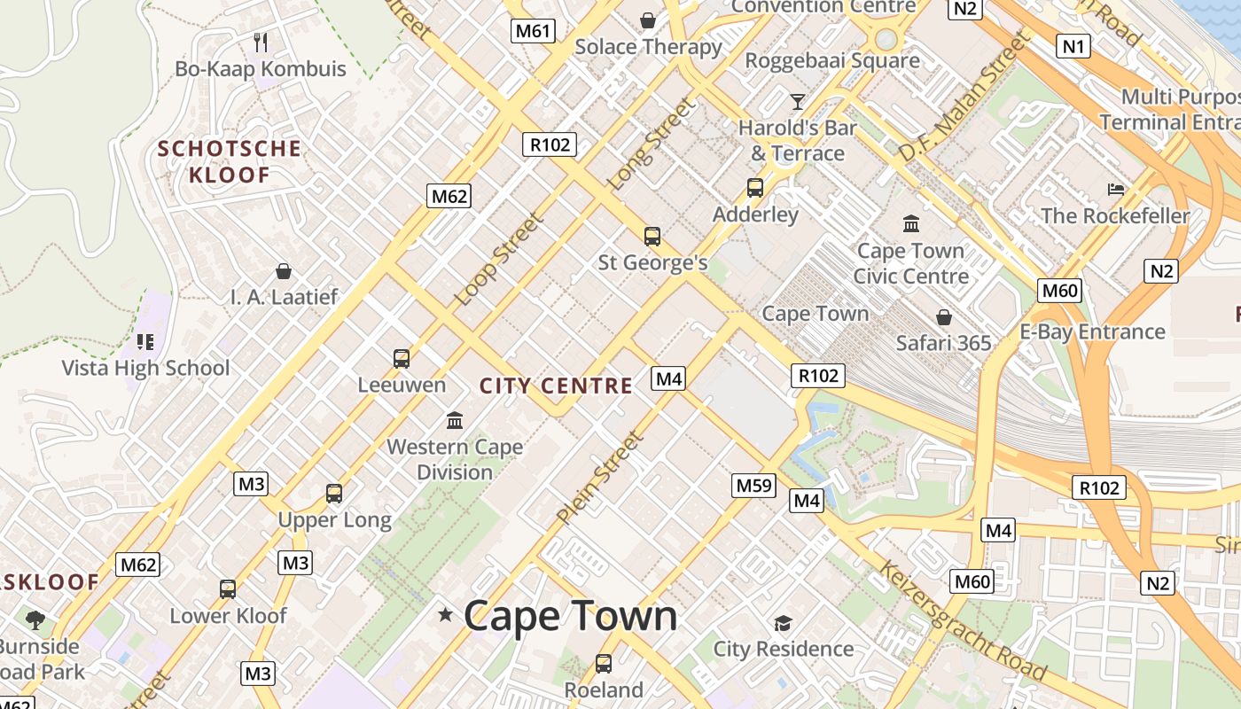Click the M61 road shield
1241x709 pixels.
pyautogui.click(x=534, y=32)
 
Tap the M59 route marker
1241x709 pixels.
pyautogui.click(x=754, y=486)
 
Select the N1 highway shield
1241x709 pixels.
pyautogui.click(x=1073, y=46)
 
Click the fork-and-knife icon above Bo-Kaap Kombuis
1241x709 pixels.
pyautogui.click(x=261, y=42)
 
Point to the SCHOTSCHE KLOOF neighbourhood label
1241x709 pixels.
pyautogui.click(x=230, y=161)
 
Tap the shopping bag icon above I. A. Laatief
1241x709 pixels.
pyautogui.click(x=284, y=271)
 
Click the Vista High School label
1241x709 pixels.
pyautogui.click(x=145, y=368)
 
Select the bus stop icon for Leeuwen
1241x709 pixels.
pyautogui.click(x=402, y=359)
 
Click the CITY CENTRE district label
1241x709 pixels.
pyautogui.click(x=556, y=386)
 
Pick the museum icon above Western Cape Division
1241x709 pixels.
pyautogui.click(x=455, y=420)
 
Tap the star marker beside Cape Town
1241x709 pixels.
pyautogui.click(x=445, y=614)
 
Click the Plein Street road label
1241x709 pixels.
pyautogui.click(x=599, y=478)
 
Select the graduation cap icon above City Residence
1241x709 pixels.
pyautogui.click(x=783, y=623)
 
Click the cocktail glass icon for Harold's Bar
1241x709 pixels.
pyautogui.click(x=798, y=101)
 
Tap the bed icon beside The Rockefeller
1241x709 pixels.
pyautogui.click(x=1116, y=190)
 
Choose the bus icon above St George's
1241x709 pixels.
pyautogui.click(x=652, y=237)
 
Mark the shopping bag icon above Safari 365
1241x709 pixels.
pyautogui.click(x=944, y=317)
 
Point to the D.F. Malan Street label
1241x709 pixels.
pyautogui.click(x=964, y=97)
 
